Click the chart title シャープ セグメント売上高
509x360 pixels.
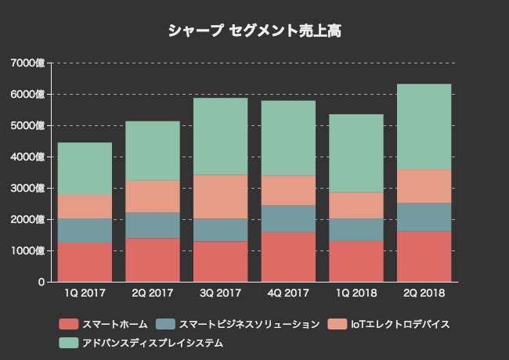(x=254, y=31)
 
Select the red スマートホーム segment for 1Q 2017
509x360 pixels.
(x=85, y=262)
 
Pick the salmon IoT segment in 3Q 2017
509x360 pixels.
(x=221, y=196)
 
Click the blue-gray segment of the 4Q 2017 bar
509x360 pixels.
(x=288, y=218)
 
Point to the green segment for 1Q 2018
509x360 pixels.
(x=356, y=153)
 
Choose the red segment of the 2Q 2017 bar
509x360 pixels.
(x=153, y=260)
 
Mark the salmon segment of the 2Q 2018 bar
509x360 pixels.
(x=424, y=186)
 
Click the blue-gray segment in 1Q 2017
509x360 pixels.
(x=85, y=230)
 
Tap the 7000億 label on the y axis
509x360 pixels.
(x=29, y=63)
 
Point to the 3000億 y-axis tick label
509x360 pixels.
(x=29, y=188)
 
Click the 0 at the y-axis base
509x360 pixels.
(x=41, y=282)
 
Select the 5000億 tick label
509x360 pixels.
(x=29, y=125)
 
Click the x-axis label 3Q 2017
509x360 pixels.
(x=221, y=293)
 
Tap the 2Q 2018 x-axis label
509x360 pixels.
(x=424, y=293)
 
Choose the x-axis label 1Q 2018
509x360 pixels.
(x=356, y=293)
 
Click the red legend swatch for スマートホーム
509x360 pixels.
(x=69, y=324)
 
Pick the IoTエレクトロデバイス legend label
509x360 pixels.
(x=399, y=324)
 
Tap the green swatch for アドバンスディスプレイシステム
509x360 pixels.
(x=69, y=343)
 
